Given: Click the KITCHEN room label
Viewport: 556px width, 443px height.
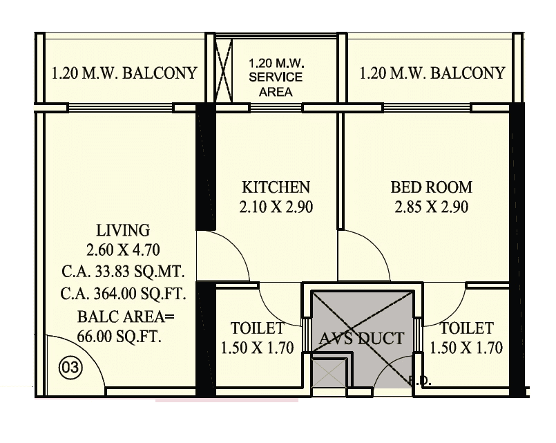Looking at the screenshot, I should point(276,187).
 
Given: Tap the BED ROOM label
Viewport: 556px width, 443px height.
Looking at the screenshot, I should point(431,187).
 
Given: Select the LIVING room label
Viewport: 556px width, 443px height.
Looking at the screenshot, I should point(123,230).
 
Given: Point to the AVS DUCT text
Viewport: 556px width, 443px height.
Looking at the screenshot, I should point(361,338).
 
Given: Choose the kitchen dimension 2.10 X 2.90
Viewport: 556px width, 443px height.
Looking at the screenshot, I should point(276,206).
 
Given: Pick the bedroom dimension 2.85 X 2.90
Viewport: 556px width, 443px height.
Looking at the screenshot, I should point(431,206).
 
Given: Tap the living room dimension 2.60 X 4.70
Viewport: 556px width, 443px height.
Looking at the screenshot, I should point(123,249).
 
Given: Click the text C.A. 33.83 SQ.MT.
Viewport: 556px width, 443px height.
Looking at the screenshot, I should point(123,270).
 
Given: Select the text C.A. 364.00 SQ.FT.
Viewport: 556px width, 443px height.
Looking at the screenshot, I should point(123,294).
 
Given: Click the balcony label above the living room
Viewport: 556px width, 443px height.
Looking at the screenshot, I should point(124,73).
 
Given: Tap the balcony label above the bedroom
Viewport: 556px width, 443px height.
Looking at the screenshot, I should point(432,73).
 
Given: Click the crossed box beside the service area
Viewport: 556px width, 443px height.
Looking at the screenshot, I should point(223,73).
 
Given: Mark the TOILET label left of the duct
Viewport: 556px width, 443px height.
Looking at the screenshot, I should point(258,328).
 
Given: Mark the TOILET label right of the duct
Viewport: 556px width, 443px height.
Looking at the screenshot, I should point(467,328).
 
